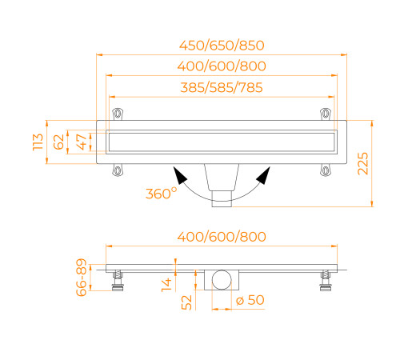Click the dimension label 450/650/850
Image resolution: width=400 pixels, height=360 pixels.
click(x=222, y=45)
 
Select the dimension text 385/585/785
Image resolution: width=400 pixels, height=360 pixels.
click(x=222, y=87)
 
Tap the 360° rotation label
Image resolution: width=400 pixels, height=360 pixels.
click(x=162, y=193)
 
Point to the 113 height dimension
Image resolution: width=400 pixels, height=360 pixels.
click(x=38, y=142)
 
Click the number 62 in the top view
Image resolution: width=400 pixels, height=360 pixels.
click(x=58, y=142)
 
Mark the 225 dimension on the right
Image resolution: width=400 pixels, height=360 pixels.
click(x=362, y=164)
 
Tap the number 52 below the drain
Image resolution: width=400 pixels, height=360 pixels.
click(x=186, y=302)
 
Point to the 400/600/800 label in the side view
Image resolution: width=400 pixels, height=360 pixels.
click(x=222, y=237)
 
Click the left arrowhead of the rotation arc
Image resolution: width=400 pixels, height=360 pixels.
click(x=181, y=176)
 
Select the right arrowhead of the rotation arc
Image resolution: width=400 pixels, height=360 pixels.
click(x=262, y=176)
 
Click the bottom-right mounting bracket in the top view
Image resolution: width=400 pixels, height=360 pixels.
click(x=325, y=169)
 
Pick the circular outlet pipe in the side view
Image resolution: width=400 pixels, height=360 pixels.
click(x=222, y=280)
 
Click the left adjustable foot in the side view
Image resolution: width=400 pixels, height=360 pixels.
click(x=118, y=280)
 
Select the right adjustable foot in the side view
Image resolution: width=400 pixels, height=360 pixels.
click(x=325, y=280)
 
